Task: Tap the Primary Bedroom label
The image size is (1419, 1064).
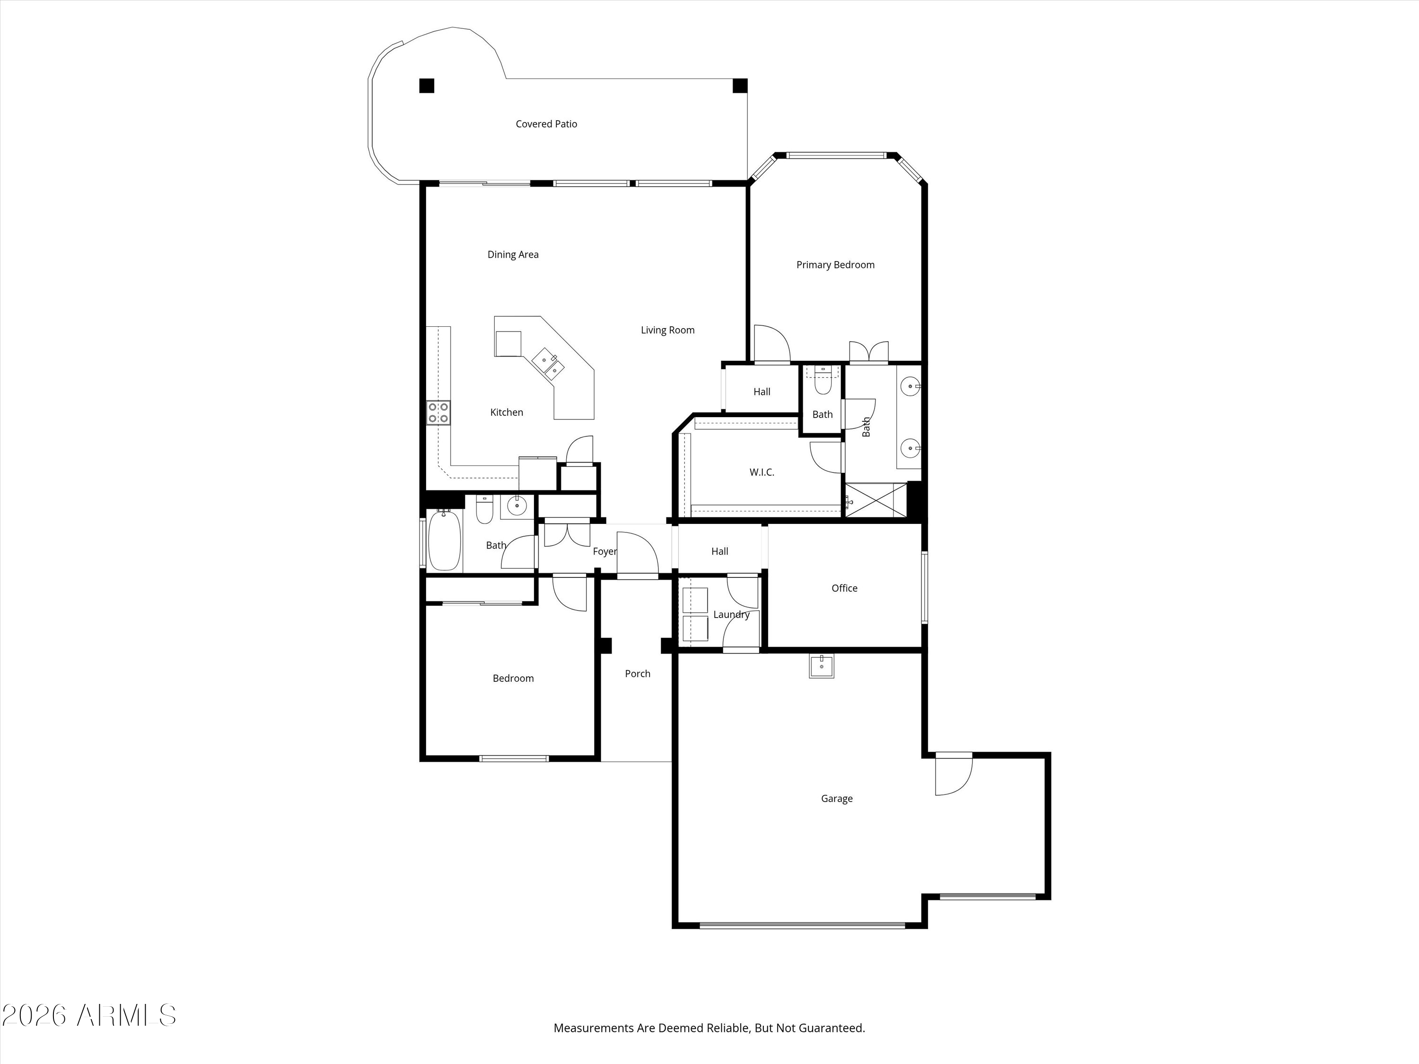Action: (x=835, y=265)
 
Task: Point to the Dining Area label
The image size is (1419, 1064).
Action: (x=513, y=254)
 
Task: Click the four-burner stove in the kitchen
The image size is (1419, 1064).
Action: (x=438, y=412)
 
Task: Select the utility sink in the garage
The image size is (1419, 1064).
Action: (x=821, y=666)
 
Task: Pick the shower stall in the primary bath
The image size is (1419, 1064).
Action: (x=876, y=500)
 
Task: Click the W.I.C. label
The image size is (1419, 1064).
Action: (x=762, y=472)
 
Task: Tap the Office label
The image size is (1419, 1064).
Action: (x=844, y=588)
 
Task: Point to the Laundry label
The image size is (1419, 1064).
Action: (x=731, y=614)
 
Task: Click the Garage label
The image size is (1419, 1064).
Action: (x=837, y=799)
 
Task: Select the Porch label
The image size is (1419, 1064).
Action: (x=638, y=673)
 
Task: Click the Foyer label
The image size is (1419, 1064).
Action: (x=604, y=551)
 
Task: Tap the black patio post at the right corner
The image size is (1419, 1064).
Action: (x=740, y=85)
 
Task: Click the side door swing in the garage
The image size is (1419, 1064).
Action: (x=953, y=774)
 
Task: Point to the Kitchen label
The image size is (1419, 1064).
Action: (x=506, y=412)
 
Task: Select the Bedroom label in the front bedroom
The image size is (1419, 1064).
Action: (x=513, y=679)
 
